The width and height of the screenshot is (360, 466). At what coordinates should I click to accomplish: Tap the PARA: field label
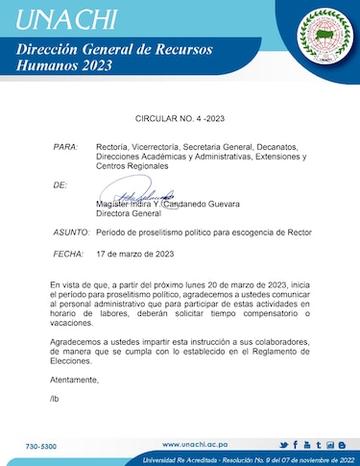coord(65,146)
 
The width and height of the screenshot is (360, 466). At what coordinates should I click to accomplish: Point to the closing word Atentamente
coord(78,380)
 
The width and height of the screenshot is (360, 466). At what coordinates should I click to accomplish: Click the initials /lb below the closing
coord(54,398)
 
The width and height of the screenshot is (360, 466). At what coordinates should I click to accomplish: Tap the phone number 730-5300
coord(41,447)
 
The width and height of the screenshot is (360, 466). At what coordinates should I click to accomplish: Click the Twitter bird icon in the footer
coord(283,445)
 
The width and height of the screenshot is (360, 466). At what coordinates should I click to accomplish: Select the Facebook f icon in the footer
coord(295,445)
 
